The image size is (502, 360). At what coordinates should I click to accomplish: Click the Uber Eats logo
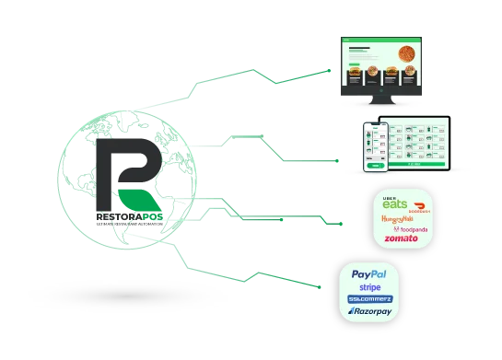tap(395, 202)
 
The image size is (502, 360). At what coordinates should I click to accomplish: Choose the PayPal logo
tap(368, 274)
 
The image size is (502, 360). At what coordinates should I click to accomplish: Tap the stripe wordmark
tap(368, 287)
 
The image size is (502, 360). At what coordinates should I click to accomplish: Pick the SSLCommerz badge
tap(368, 299)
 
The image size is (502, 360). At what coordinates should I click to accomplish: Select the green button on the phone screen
tap(374, 167)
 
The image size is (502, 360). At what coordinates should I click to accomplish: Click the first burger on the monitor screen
tap(355, 72)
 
